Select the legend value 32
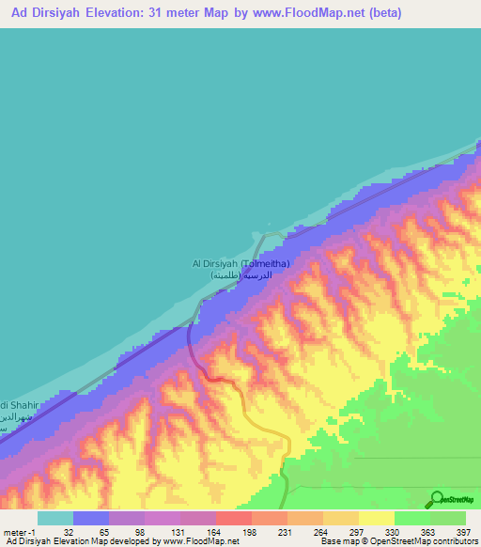(69, 532)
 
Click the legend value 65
(104, 532)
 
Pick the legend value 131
(177, 532)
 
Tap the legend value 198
(249, 532)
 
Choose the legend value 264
(321, 532)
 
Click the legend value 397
(461, 532)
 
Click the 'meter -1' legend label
(18, 532)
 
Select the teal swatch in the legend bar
(55, 518)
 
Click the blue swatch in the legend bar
(91, 518)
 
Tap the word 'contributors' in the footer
(455, 542)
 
